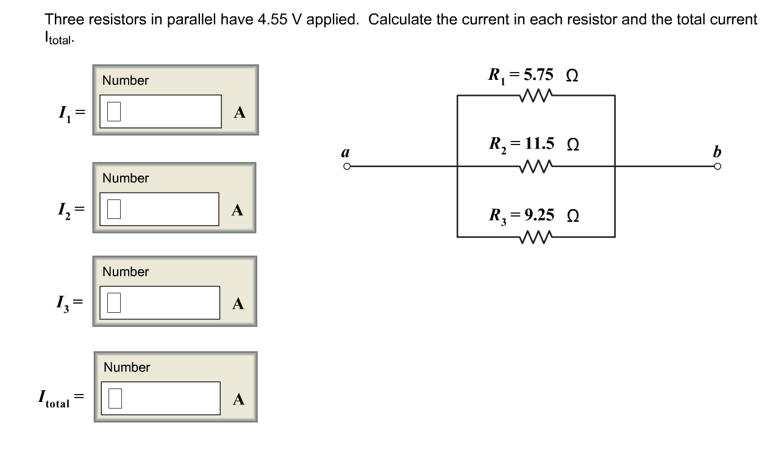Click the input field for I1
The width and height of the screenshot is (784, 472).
[160, 112]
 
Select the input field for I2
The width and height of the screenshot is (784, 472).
[159, 209]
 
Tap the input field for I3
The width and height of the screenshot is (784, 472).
[160, 302]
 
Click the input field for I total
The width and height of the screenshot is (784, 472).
[160, 398]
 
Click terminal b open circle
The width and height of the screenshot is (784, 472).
[718, 166]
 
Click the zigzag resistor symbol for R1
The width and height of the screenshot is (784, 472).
[536, 95]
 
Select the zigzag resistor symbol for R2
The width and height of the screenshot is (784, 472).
[536, 165]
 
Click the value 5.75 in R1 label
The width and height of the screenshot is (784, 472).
[539, 75]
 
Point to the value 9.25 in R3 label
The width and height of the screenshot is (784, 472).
[539, 215]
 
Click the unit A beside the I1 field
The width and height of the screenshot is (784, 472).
[240, 112]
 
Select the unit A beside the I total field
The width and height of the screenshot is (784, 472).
[239, 399]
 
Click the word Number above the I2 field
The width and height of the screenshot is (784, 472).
[126, 178]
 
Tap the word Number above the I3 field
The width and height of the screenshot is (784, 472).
[126, 271]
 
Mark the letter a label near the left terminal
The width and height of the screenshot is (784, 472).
[346, 151]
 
